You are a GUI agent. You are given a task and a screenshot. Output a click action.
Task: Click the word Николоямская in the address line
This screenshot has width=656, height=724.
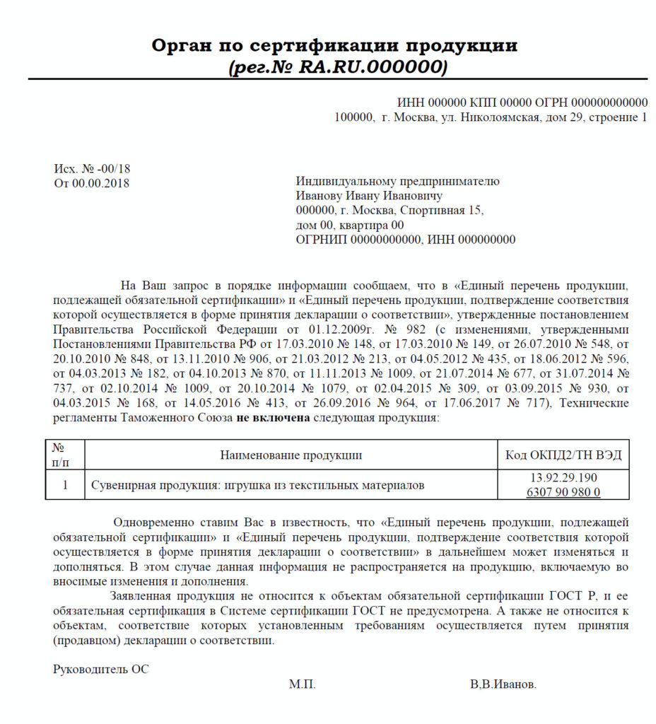pos(502,117)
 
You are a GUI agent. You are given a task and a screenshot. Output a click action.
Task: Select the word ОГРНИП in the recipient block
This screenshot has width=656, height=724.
pos(321,240)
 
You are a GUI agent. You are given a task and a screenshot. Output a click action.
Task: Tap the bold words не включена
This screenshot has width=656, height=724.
pos(273,418)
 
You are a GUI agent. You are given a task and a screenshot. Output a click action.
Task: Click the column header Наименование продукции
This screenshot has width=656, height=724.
pos(291,455)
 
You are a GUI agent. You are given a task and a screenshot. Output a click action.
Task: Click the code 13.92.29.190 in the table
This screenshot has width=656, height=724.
pos(563,478)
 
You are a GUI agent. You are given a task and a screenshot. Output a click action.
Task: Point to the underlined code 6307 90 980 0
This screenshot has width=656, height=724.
pos(563,492)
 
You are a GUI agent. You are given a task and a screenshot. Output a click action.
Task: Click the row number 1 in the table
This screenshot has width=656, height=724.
pos(65,486)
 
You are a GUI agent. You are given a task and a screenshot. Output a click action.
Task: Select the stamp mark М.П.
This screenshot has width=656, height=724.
pos(302,685)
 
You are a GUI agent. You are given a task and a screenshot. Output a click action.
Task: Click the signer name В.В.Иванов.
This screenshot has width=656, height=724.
pos(503,685)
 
